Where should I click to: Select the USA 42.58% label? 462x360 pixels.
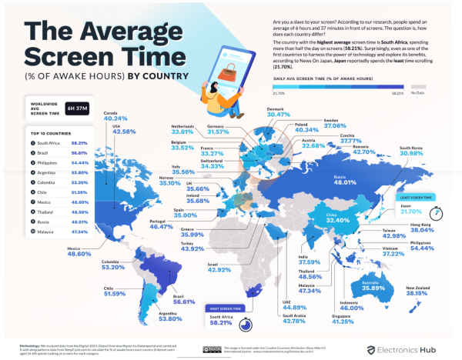pos(125,132)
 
